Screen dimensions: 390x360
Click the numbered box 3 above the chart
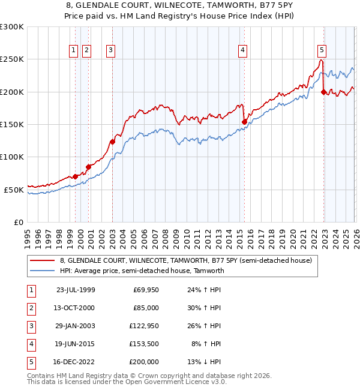tap(111, 50)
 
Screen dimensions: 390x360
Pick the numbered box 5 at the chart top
tap(322, 50)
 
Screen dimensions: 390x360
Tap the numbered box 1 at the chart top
tap(74, 50)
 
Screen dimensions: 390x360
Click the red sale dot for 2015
tap(244, 122)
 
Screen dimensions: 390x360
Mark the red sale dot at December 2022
tap(324, 92)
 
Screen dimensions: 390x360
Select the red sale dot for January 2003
tap(112, 142)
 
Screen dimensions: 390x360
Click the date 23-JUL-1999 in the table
tap(75, 290)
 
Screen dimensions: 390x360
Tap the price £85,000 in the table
tap(146, 308)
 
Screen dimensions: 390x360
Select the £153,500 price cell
tap(146, 344)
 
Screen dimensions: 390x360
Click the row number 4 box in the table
tap(31, 344)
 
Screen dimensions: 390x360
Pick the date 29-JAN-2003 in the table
tap(75, 326)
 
